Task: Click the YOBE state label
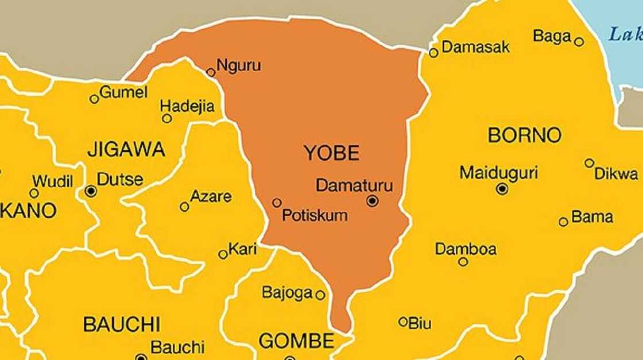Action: (331, 153)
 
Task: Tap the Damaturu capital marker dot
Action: (372, 200)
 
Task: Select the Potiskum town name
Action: (315, 216)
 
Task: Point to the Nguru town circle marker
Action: (211, 72)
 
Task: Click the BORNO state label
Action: (524, 136)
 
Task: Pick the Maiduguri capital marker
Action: (502, 188)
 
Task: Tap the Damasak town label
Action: (475, 47)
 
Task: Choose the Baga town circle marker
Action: (579, 42)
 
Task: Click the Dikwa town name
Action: (615, 174)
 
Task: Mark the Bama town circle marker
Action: (563, 222)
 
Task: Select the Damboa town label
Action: (466, 249)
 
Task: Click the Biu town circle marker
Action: (403, 322)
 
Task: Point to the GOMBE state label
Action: (296, 341)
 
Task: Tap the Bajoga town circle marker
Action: (320, 295)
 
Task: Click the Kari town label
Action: (242, 249)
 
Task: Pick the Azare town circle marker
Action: (184, 207)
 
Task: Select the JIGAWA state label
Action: (126, 150)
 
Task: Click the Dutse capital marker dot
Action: (91, 191)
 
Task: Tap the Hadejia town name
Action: (187, 106)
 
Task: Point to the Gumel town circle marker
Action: (94, 99)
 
